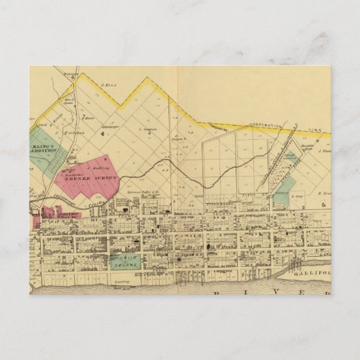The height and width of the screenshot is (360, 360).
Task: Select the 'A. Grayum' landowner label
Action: (x=149, y=129)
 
